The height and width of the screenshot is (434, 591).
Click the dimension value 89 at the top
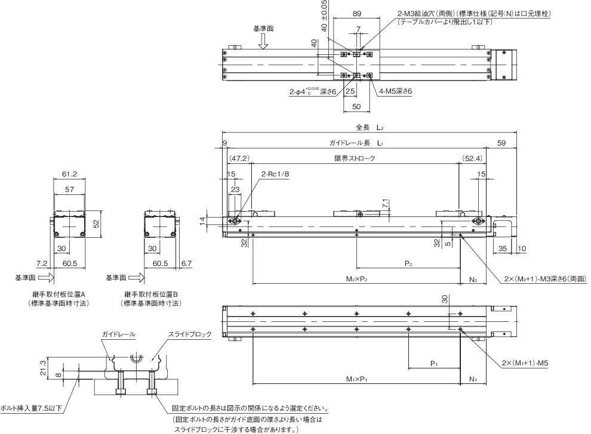(x=356, y=13)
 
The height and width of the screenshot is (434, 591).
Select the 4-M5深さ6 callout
(x=396, y=91)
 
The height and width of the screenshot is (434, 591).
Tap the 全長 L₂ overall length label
(x=369, y=128)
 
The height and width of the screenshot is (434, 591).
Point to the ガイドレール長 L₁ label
(x=356, y=143)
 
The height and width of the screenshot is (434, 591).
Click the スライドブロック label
(x=190, y=334)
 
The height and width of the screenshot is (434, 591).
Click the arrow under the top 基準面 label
(x=263, y=39)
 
